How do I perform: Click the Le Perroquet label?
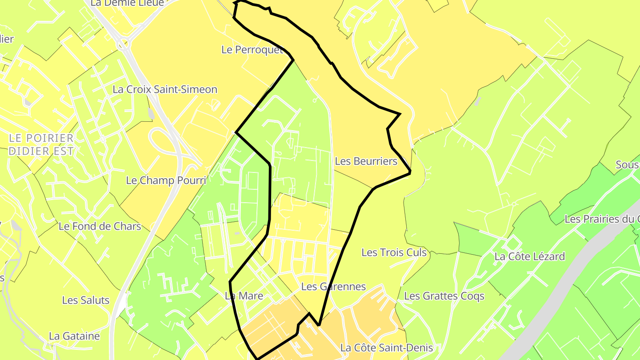pyautogui.click(x=252, y=50)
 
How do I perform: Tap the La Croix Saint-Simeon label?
pyautogui.click(x=165, y=89)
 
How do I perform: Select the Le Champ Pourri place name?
pyautogui.click(x=166, y=180)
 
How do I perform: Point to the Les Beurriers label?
pyautogui.click(x=366, y=161)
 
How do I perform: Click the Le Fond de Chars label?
pyautogui.click(x=100, y=227)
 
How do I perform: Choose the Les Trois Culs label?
pyautogui.click(x=394, y=253)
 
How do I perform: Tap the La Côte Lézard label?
pyautogui.click(x=529, y=256)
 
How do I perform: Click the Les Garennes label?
pyautogui.click(x=333, y=287)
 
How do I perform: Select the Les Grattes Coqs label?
pyautogui.click(x=444, y=296)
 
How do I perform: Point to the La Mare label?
pyautogui.click(x=244, y=296)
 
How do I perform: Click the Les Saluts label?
pyautogui.click(x=86, y=300)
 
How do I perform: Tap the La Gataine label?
pyautogui.click(x=74, y=336)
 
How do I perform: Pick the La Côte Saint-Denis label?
pyautogui.click(x=386, y=348)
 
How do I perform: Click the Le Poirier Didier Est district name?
pyautogui.click(x=41, y=144)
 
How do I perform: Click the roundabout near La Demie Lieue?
pyautogui.click(x=123, y=44)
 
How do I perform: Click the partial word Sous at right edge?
pyautogui.click(x=627, y=165)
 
